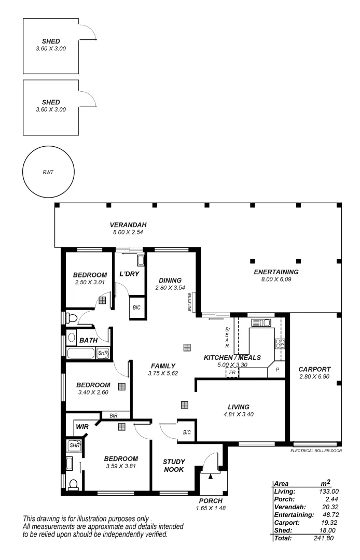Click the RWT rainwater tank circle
tap(48, 172)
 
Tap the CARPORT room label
tap(314, 369)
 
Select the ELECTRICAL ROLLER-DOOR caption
tap(316, 451)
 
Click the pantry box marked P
tap(277, 370)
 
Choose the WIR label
tap(82, 426)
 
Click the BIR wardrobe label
tap(113, 415)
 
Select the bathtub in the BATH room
tap(81, 353)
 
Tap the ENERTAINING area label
tap(276, 272)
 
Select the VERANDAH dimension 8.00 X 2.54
tap(128, 232)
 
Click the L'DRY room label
tap(129, 274)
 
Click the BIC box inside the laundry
tap(136, 307)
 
